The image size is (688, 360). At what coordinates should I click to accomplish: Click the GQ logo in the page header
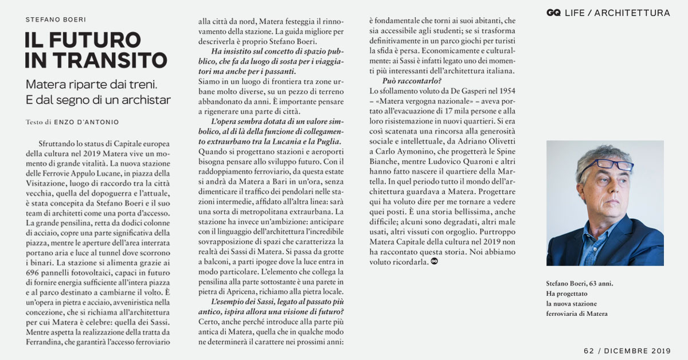[553, 13]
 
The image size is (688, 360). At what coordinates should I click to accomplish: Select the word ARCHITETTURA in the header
[632, 13]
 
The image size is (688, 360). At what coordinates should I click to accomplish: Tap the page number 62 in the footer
[589, 350]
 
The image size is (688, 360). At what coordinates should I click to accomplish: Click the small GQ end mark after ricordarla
[434, 262]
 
